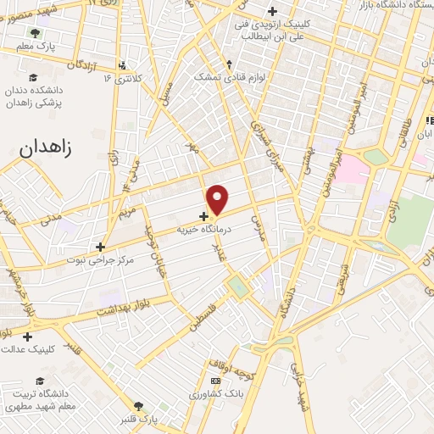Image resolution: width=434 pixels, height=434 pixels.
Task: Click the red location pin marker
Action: pyautogui.click(x=218, y=199)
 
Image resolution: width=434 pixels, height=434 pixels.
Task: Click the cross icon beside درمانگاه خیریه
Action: pyautogui.click(x=203, y=216)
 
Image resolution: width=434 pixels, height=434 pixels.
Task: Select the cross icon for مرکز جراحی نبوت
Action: pyautogui.click(x=100, y=247)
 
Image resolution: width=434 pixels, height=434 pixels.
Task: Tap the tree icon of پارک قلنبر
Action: pyautogui.click(x=139, y=406)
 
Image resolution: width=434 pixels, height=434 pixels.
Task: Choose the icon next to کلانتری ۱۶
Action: pyautogui.click(x=123, y=65)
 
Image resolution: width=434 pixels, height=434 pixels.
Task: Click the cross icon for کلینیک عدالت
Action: pyautogui.click(x=27, y=337)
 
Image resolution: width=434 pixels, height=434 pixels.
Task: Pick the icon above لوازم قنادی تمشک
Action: pyautogui.click(x=230, y=64)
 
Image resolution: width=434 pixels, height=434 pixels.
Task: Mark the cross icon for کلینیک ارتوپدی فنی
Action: pyautogui.click(x=272, y=11)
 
